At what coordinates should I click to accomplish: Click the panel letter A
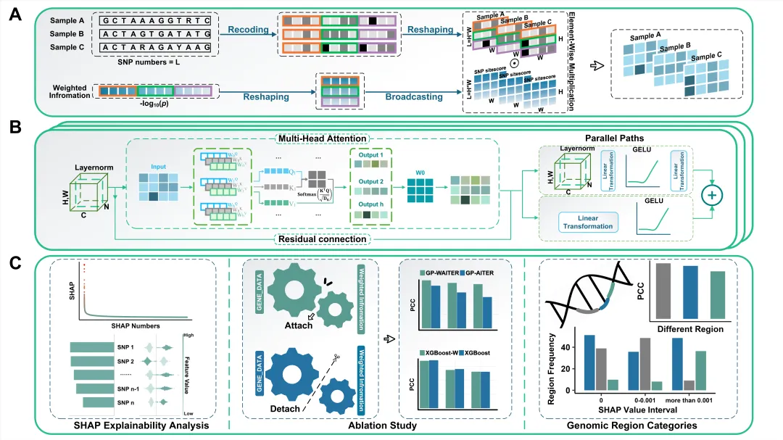tap(12, 14)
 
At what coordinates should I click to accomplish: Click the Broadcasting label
tap(415, 96)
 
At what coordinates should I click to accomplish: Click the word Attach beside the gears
tap(298, 325)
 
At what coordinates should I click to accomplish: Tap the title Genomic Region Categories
tap(640, 426)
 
